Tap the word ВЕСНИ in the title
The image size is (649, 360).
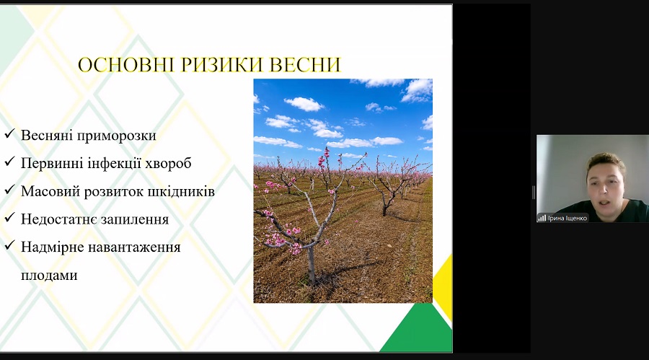pos(305,65)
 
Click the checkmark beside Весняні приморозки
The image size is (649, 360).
pos(9,133)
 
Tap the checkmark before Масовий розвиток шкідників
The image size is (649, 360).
pos(9,190)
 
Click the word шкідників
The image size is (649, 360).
pos(182,191)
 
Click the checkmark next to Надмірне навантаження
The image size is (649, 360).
pos(9,245)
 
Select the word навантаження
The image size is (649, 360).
pos(135,247)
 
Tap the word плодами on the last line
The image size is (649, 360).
pos(49,276)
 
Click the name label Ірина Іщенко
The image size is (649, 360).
pos(567,218)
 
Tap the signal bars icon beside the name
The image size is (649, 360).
pos(542,218)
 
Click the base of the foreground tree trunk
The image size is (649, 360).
pos(312,281)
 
